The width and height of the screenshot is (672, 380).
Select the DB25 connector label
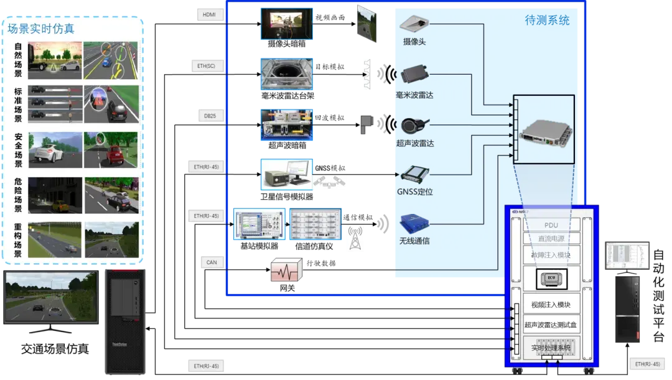(x=209, y=116)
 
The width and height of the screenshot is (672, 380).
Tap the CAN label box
(x=212, y=262)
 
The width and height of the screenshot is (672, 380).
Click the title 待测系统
(x=546, y=21)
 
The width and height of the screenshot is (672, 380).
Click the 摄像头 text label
(x=414, y=42)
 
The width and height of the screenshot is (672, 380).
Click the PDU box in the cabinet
(x=551, y=225)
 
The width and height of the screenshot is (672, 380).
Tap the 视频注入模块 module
(x=551, y=305)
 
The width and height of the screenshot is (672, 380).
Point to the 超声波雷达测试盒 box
(x=551, y=325)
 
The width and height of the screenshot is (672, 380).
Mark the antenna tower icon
(x=355, y=238)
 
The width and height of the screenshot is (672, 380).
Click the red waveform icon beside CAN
(x=286, y=271)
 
